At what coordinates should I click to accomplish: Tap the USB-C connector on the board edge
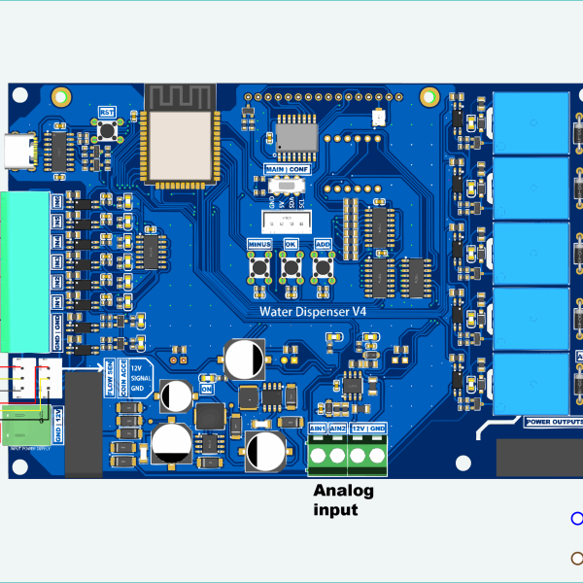[x=19, y=151]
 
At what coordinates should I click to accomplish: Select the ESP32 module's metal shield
[x=178, y=145]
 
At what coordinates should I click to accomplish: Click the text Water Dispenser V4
[x=312, y=311]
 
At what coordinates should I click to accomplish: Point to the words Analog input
[x=343, y=500]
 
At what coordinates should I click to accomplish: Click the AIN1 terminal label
[x=318, y=429]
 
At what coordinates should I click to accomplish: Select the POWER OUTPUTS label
[x=553, y=422]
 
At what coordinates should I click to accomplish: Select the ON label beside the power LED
[x=206, y=389]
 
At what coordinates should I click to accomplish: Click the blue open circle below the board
[x=576, y=518]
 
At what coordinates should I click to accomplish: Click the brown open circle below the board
[x=576, y=558]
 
